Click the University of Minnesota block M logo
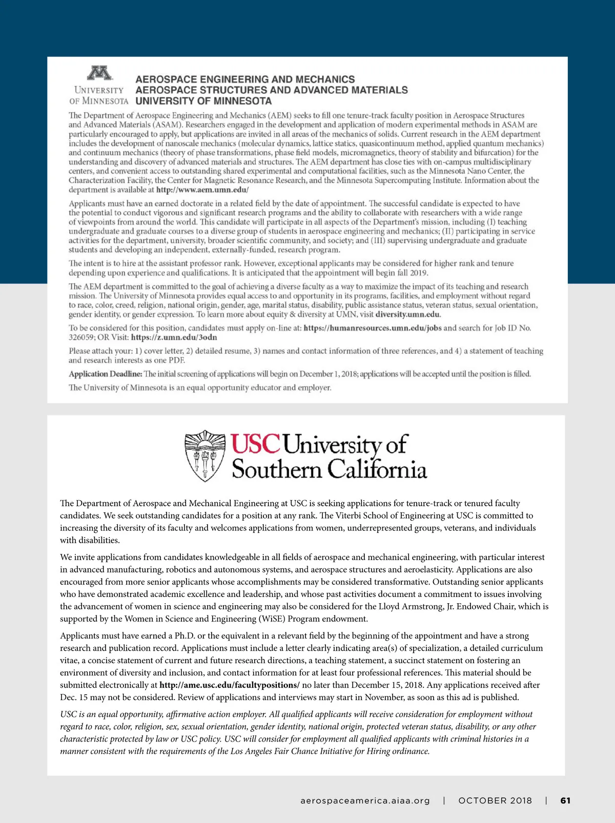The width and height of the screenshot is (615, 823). click(x=99, y=73)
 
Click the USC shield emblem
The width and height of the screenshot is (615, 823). click(x=204, y=455)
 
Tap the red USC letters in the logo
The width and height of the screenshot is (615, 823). click(x=255, y=444)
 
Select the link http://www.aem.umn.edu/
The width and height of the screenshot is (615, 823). click(x=202, y=190)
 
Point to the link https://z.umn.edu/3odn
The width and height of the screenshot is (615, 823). click(x=174, y=337)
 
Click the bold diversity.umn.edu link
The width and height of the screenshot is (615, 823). click(x=408, y=314)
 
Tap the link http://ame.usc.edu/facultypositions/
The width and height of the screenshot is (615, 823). click(x=229, y=685)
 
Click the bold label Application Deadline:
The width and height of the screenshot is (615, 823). click(x=106, y=374)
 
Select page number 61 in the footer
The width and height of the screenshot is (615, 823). click(x=565, y=800)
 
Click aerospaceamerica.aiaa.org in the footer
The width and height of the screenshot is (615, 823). click(x=365, y=800)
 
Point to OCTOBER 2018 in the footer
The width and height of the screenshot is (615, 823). click(x=495, y=800)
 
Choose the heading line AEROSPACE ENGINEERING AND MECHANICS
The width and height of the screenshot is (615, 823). click(x=245, y=79)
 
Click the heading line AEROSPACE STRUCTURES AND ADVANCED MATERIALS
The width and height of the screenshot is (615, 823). click(x=272, y=90)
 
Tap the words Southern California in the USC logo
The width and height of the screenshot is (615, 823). click(x=329, y=469)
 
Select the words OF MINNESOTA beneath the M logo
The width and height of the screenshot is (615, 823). click(x=99, y=101)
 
